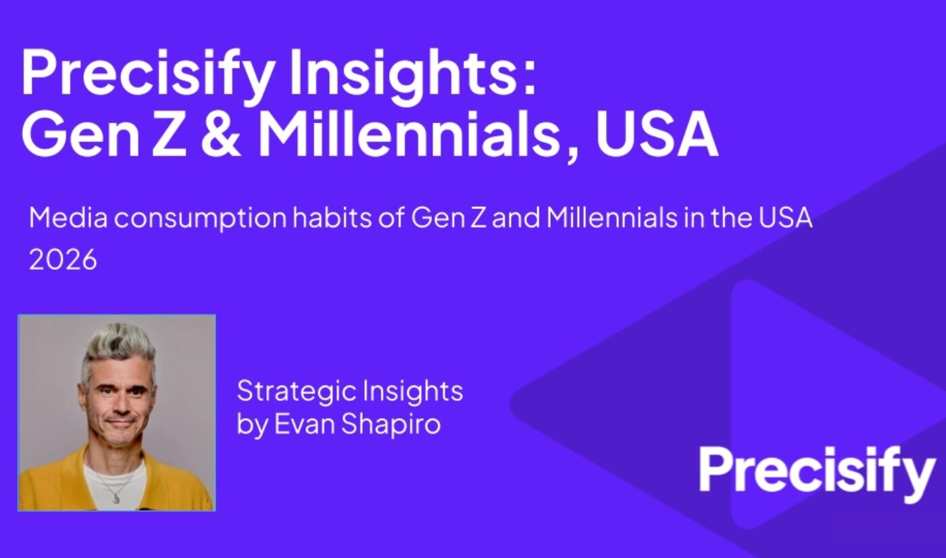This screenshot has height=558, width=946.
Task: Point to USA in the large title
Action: coord(656,136)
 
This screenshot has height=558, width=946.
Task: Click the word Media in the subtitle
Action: coord(61,218)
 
